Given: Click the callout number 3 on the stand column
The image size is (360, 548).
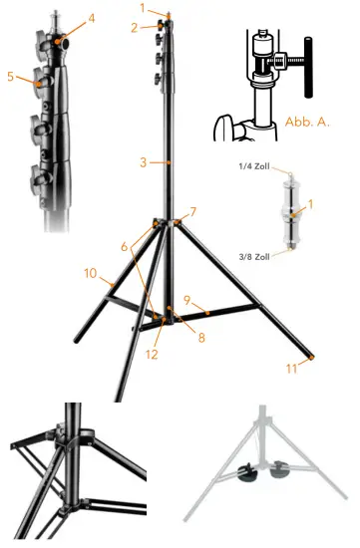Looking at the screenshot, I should click(x=144, y=161).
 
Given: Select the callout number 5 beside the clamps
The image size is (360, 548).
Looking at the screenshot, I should click(x=10, y=75).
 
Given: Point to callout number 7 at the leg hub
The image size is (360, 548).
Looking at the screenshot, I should click(x=193, y=211).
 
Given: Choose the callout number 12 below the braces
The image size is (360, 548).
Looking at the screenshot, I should click(x=153, y=354).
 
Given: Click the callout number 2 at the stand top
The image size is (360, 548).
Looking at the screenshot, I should click(x=134, y=28).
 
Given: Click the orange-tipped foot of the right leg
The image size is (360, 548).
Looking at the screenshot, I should click(x=313, y=355).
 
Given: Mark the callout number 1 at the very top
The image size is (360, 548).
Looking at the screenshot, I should click(x=143, y=8).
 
